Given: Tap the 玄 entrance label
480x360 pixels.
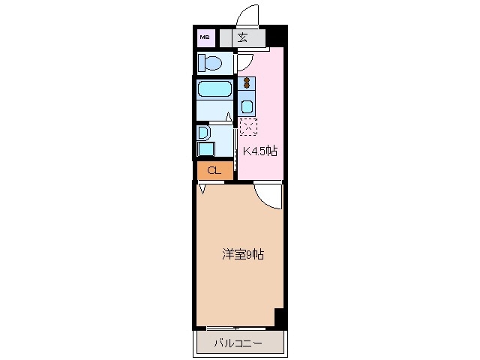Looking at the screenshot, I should coord(242,37).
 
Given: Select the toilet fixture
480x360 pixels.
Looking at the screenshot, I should coord(211,62).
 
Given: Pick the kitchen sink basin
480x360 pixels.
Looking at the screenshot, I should coord(247,106).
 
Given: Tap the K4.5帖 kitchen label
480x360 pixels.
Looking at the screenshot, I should coord(259,151).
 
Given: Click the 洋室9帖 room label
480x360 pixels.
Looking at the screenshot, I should coord(242,255).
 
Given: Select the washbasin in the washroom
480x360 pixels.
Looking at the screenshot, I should coord(202,133).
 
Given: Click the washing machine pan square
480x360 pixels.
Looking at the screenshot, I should coord(205,148).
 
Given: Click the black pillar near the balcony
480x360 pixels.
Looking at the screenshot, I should coord(279,317).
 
